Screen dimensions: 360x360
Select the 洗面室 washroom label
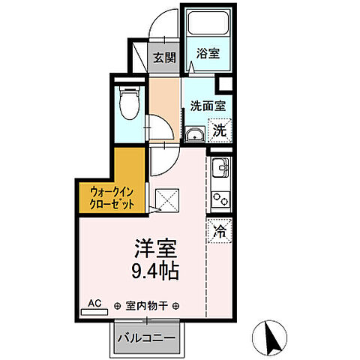[205, 106]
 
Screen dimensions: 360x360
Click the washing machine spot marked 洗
[218, 129]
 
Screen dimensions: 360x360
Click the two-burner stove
[220, 199]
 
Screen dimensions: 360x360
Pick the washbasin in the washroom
[193, 136]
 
